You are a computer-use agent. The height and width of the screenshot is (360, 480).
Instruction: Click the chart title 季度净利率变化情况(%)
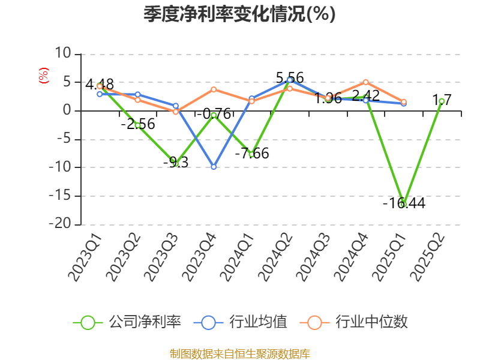point(239,14)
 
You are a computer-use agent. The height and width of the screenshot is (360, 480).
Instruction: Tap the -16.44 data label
point(404,203)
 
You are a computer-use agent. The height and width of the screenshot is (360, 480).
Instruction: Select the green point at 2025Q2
point(442,101)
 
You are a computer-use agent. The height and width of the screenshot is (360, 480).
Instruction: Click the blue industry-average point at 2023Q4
point(214,167)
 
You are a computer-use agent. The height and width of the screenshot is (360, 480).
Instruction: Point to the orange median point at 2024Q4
point(365,82)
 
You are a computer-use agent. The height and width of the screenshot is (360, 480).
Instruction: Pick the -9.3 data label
point(176,162)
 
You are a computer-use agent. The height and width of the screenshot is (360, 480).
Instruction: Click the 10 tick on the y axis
point(63,54)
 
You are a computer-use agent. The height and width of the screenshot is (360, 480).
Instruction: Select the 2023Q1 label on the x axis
point(86,257)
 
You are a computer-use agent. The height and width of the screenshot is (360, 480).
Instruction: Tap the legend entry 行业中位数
point(358,322)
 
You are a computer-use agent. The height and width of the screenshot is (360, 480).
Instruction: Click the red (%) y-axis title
point(43,76)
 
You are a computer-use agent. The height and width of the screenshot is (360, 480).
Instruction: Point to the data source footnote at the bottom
point(239,353)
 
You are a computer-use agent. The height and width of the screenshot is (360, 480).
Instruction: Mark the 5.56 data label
point(290,77)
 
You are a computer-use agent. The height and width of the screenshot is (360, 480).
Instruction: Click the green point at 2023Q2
point(137,125)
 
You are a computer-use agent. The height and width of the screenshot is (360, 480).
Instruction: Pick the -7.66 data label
point(251,153)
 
